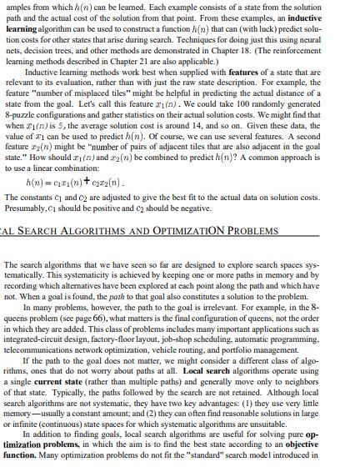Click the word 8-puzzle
pyautogui.click(x=25, y=110)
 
